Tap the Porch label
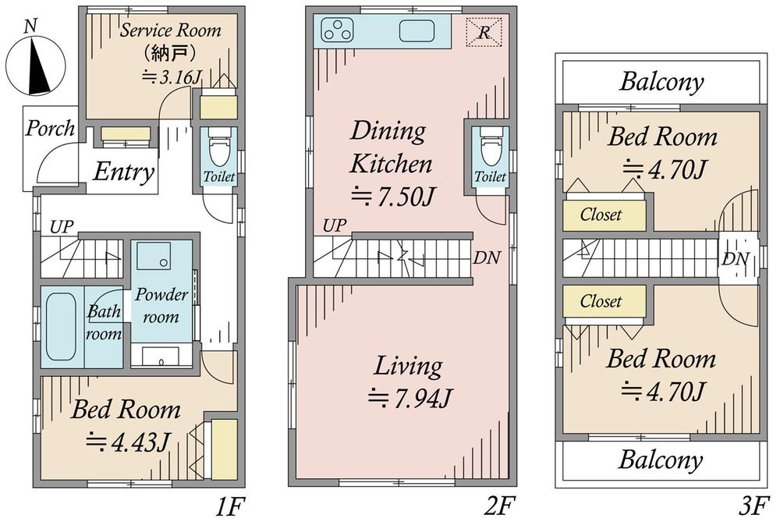50,129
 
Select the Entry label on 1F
124,172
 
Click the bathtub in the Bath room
61,326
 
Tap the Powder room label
161,305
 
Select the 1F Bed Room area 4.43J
129,441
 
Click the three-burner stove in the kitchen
338,30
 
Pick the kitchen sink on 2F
417,30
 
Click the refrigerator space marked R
484,32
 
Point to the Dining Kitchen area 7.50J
393,197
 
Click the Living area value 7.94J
409,398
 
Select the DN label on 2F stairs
487,257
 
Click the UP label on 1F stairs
62,227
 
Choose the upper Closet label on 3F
601,215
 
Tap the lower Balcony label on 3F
661,460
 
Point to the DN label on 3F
736,259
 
